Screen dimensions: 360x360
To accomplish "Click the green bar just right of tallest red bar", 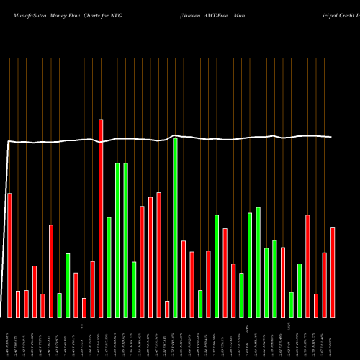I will [x=109, y=266].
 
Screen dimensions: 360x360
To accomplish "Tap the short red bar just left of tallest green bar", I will [x=167, y=309].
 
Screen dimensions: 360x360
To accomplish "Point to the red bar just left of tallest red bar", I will [x=92, y=289].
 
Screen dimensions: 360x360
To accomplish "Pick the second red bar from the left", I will [x=18, y=304].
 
